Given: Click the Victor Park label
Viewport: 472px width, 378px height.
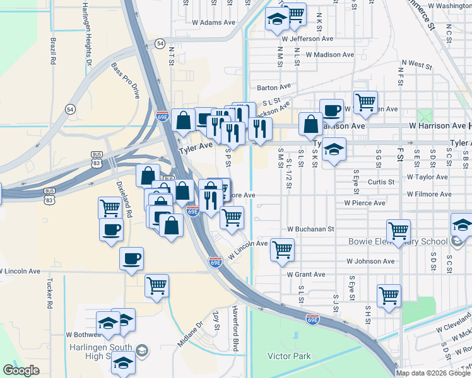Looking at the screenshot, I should point(289,356).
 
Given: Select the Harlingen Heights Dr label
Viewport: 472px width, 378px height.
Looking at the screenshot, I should point(88,35).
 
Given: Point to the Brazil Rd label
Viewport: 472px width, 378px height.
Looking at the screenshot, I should point(54,53).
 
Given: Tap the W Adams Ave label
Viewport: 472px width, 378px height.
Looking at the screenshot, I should point(213,22).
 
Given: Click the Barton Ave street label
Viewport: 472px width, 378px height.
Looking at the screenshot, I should point(273,88).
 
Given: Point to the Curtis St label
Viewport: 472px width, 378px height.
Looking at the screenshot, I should point(381,181).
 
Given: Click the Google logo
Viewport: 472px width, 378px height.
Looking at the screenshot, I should point(21,371).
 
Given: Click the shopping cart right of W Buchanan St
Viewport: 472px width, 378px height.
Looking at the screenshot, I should point(398,231).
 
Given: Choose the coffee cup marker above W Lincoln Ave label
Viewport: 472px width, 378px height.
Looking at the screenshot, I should point(131,258).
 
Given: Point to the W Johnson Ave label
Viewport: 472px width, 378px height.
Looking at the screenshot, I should point(370,261).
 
